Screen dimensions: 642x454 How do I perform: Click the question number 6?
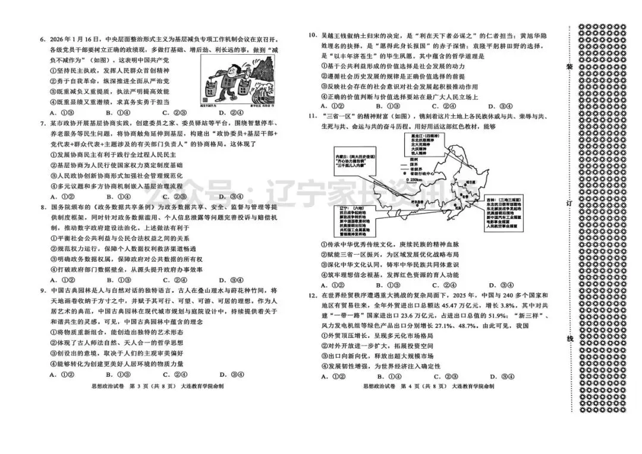point(43,40)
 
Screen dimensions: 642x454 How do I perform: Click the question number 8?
point(43,207)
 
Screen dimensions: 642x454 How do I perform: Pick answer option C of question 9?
point(172,375)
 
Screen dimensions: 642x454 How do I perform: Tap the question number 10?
point(311,35)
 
